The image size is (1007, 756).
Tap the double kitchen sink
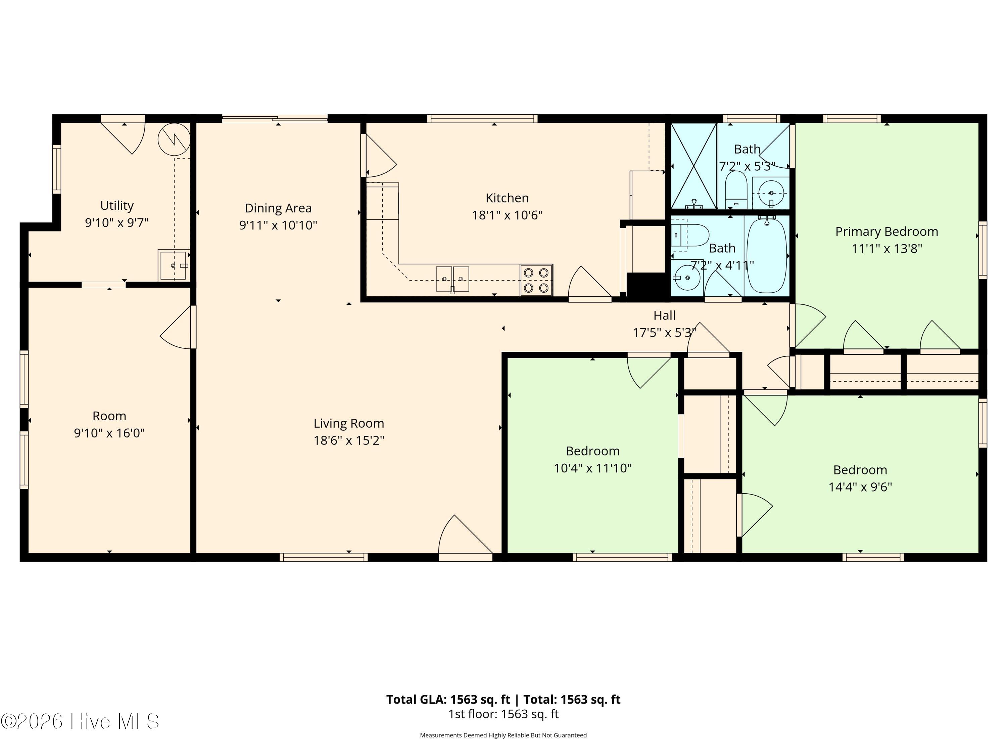tap(452, 279)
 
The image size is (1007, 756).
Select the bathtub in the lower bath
tap(767, 256)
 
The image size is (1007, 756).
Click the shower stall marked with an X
tap(693, 166)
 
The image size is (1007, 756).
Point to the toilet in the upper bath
tap(736, 190)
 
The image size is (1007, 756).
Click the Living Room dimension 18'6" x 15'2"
tap(349, 440)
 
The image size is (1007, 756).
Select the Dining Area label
tap(278, 208)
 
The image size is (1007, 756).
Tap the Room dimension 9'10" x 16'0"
tap(109, 432)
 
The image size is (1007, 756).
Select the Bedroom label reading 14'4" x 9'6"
tap(860, 478)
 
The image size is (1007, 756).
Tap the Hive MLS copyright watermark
tap(80, 721)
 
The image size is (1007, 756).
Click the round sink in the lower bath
tap(686, 278)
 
